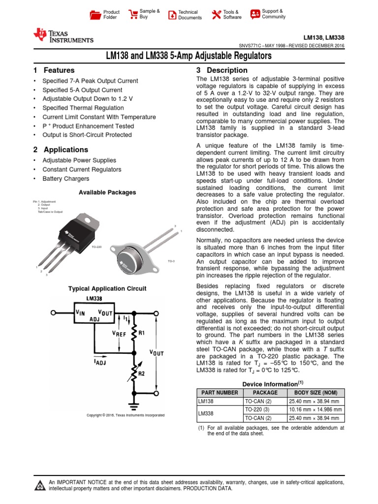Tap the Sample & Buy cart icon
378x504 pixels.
tap(133, 14)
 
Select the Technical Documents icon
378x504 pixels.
tap(172, 15)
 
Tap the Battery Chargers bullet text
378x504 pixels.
tap(65, 179)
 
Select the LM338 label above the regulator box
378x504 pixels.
tap(94, 299)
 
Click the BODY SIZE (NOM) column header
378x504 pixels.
tap(315, 393)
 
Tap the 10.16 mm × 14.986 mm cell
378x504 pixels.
tap(315, 409)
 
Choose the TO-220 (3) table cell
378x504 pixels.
tap(265, 409)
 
